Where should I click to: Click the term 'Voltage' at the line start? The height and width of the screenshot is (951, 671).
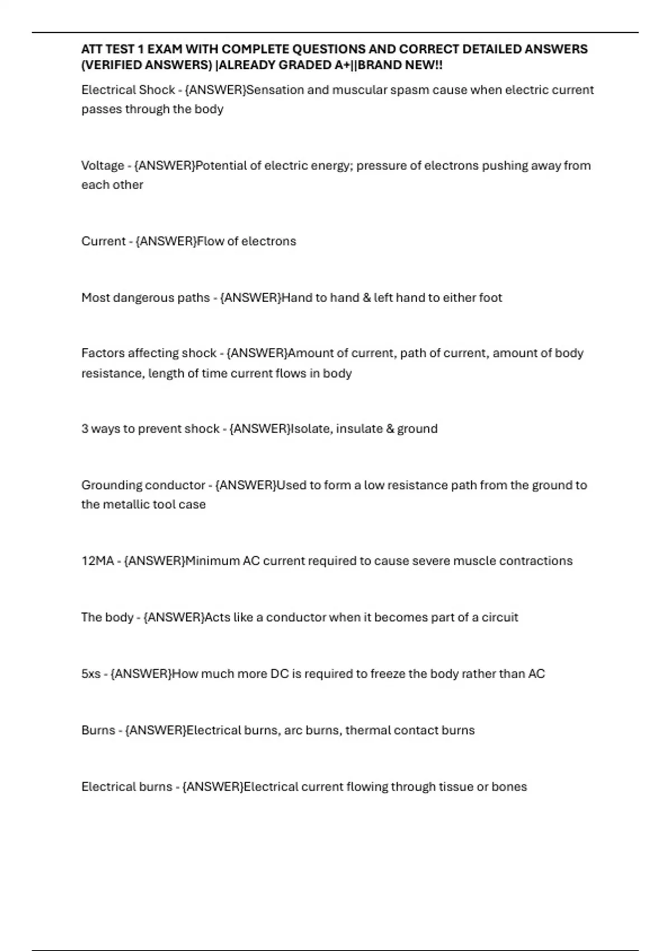(x=102, y=166)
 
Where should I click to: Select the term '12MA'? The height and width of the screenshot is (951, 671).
(x=97, y=561)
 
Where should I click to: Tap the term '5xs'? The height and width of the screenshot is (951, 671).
(x=91, y=674)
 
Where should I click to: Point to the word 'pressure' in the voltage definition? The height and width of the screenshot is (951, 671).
(x=380, y=166)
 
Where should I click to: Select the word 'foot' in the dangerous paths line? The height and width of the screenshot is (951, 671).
(x=490, y=298)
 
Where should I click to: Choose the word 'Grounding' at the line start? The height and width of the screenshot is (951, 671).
(x=111, y=486)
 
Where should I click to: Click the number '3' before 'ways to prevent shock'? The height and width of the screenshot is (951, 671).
(x=84, y=429)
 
